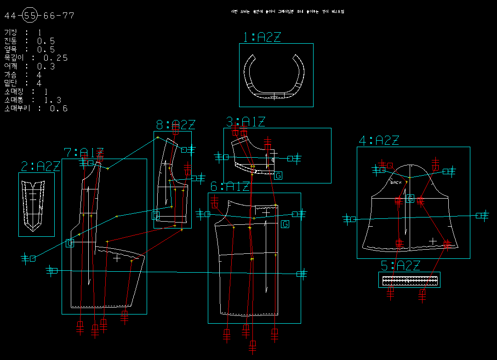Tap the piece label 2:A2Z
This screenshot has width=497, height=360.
pos(40,166)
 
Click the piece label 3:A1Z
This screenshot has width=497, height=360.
pos(246,122)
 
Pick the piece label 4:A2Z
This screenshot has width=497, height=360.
pos(378,141)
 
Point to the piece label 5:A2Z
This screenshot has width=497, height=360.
pos(400,266)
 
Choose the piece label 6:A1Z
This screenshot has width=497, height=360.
pos(230,187)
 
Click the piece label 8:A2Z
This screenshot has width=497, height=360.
pos(175,125)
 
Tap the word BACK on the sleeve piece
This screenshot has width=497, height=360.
pos(396,183)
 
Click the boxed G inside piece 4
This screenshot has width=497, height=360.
pos(411,199)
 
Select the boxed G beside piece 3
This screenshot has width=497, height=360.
pos(278,175)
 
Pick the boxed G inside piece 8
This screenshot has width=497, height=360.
pos(156,215)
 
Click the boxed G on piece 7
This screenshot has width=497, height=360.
pos(70,243)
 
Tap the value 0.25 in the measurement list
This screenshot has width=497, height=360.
pos(56,58)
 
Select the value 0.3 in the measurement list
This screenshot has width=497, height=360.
pos(46,66)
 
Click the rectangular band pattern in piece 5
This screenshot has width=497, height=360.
pos(409,280)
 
